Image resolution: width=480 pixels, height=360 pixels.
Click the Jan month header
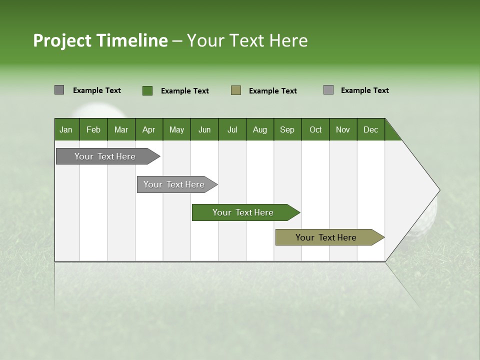(x=66, y=129)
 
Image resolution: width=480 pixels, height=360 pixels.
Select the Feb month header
(x=93, y=129)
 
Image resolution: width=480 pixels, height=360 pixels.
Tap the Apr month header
(x=148, y=129)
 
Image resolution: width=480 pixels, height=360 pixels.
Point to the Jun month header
(x=204, y=129)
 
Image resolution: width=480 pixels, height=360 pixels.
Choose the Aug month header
(x=259, y=129)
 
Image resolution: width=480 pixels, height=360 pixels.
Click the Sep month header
(x=287, y=129)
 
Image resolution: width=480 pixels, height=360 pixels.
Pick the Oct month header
(x=315, y=129)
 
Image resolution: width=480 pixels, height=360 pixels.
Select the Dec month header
(x=370, y=129)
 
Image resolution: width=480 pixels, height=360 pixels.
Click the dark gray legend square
(x=59, y=90)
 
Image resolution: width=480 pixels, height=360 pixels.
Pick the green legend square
(x=147, y=90)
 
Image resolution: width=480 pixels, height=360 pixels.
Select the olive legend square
(x=236, y=90)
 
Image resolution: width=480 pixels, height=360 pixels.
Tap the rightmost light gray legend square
(x=328, y=90)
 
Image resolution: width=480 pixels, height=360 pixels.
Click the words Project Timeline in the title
(x=100, y=40)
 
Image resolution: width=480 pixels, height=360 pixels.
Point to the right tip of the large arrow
(x=439, y=190)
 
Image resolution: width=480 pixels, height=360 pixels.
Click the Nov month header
(x=342, y=129)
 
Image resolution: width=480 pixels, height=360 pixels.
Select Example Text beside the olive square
(x=272, y=90)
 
